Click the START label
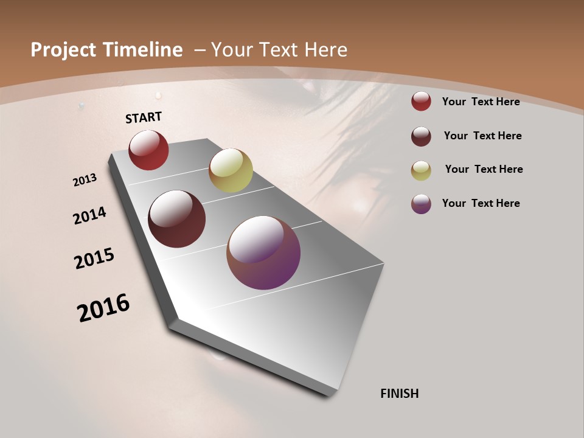pyautogui.click(x=144, y=117)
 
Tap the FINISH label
pyautogui.click(x=400, y=394)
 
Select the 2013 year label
pyautogui.click(x=85, y=179)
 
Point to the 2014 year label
pyautogui.click(x=90, y=215)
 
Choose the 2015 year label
pyautogui.click(x=94, y=259)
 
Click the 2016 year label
pyautogui.click(x=103, y=308)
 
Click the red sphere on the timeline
pyautogui.click(x=148, y=150)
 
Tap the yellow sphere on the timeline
pyautogui.click(x=231, y=170)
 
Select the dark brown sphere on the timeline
pyautogui.click(x=176, y=219)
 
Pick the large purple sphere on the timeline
pyautogui.click(x=263, y=252)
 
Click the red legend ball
pyautogui.click(x=421, y=102)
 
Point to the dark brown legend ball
pyautogui.click(x=421, y=136)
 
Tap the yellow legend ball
pyautogui.click(x=421, y=170)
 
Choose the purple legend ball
pyautogui.click(x=421, y=204)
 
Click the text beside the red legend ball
pyautogui.click(x=481, y=102)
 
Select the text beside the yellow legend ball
pyautogui.click(x=484, y=169)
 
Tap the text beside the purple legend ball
pyautogui.click(x=481, y=203)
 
